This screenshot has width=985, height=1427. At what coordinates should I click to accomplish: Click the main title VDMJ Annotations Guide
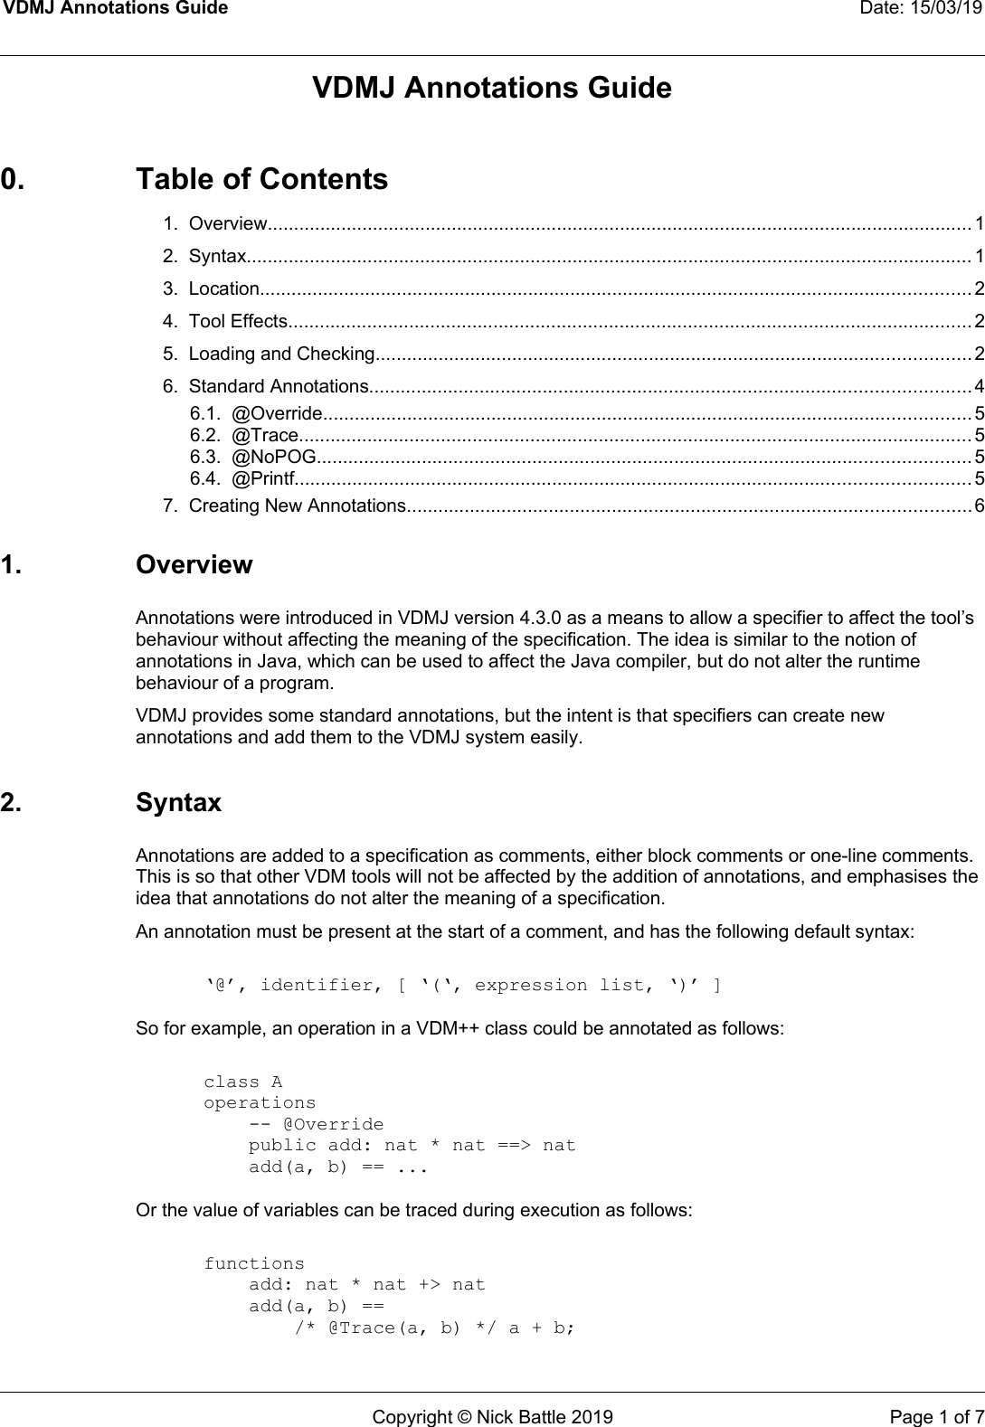pyautogui.click(x=492, y=89)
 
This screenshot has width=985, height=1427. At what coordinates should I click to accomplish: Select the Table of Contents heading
pyautogui.click(x=261, y=179)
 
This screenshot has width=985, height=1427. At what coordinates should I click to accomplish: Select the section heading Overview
pyautogui.click(x=194, y=565)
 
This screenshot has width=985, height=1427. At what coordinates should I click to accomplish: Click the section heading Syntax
pyautogui.click(x=178, y=803)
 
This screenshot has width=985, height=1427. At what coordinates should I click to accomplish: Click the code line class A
pyautogui.click(x=242, y=1082)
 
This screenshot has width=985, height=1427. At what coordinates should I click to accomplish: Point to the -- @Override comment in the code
pyautogui.click(x=316, y=1125)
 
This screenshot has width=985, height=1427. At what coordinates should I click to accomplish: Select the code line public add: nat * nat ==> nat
pyautogui.click(x=412, y=1146)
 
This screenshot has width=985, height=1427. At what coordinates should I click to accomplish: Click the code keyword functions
pyautogui.click(x=254, y=1263)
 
